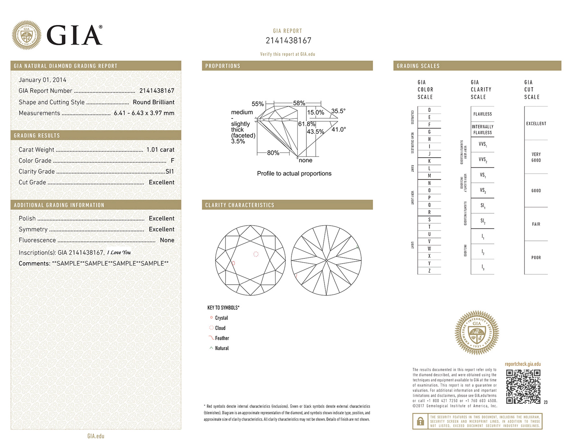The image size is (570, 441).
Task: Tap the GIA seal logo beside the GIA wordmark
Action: [26, 35]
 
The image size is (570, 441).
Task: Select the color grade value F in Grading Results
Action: [172, 160]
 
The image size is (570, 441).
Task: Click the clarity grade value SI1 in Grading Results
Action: [170, 171]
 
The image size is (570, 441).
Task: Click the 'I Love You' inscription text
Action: [119, 252]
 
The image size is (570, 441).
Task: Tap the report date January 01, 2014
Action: [42, 80]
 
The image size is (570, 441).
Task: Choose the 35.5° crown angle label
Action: [338, 111]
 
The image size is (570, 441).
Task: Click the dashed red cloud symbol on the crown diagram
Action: [256, 254]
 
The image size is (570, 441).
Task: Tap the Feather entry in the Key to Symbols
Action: [222, 338]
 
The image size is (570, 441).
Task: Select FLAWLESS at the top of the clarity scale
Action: [482, 114]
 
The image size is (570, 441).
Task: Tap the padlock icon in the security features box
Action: [420, 421]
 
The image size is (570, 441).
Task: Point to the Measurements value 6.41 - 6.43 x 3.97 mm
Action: [144, 113]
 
